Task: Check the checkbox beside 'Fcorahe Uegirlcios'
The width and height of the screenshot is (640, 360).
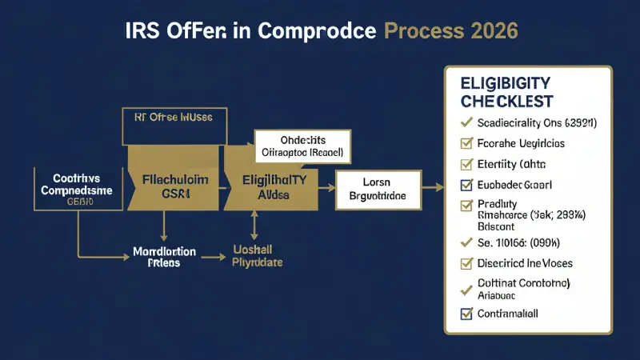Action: (465, 144)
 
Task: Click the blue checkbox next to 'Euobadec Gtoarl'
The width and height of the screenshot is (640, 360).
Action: (465, 186)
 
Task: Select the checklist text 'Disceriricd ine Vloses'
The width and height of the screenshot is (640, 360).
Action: (524, 262)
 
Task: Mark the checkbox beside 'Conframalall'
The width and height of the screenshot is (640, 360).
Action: (465, 314)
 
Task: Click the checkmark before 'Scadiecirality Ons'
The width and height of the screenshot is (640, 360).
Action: (464, 123)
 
